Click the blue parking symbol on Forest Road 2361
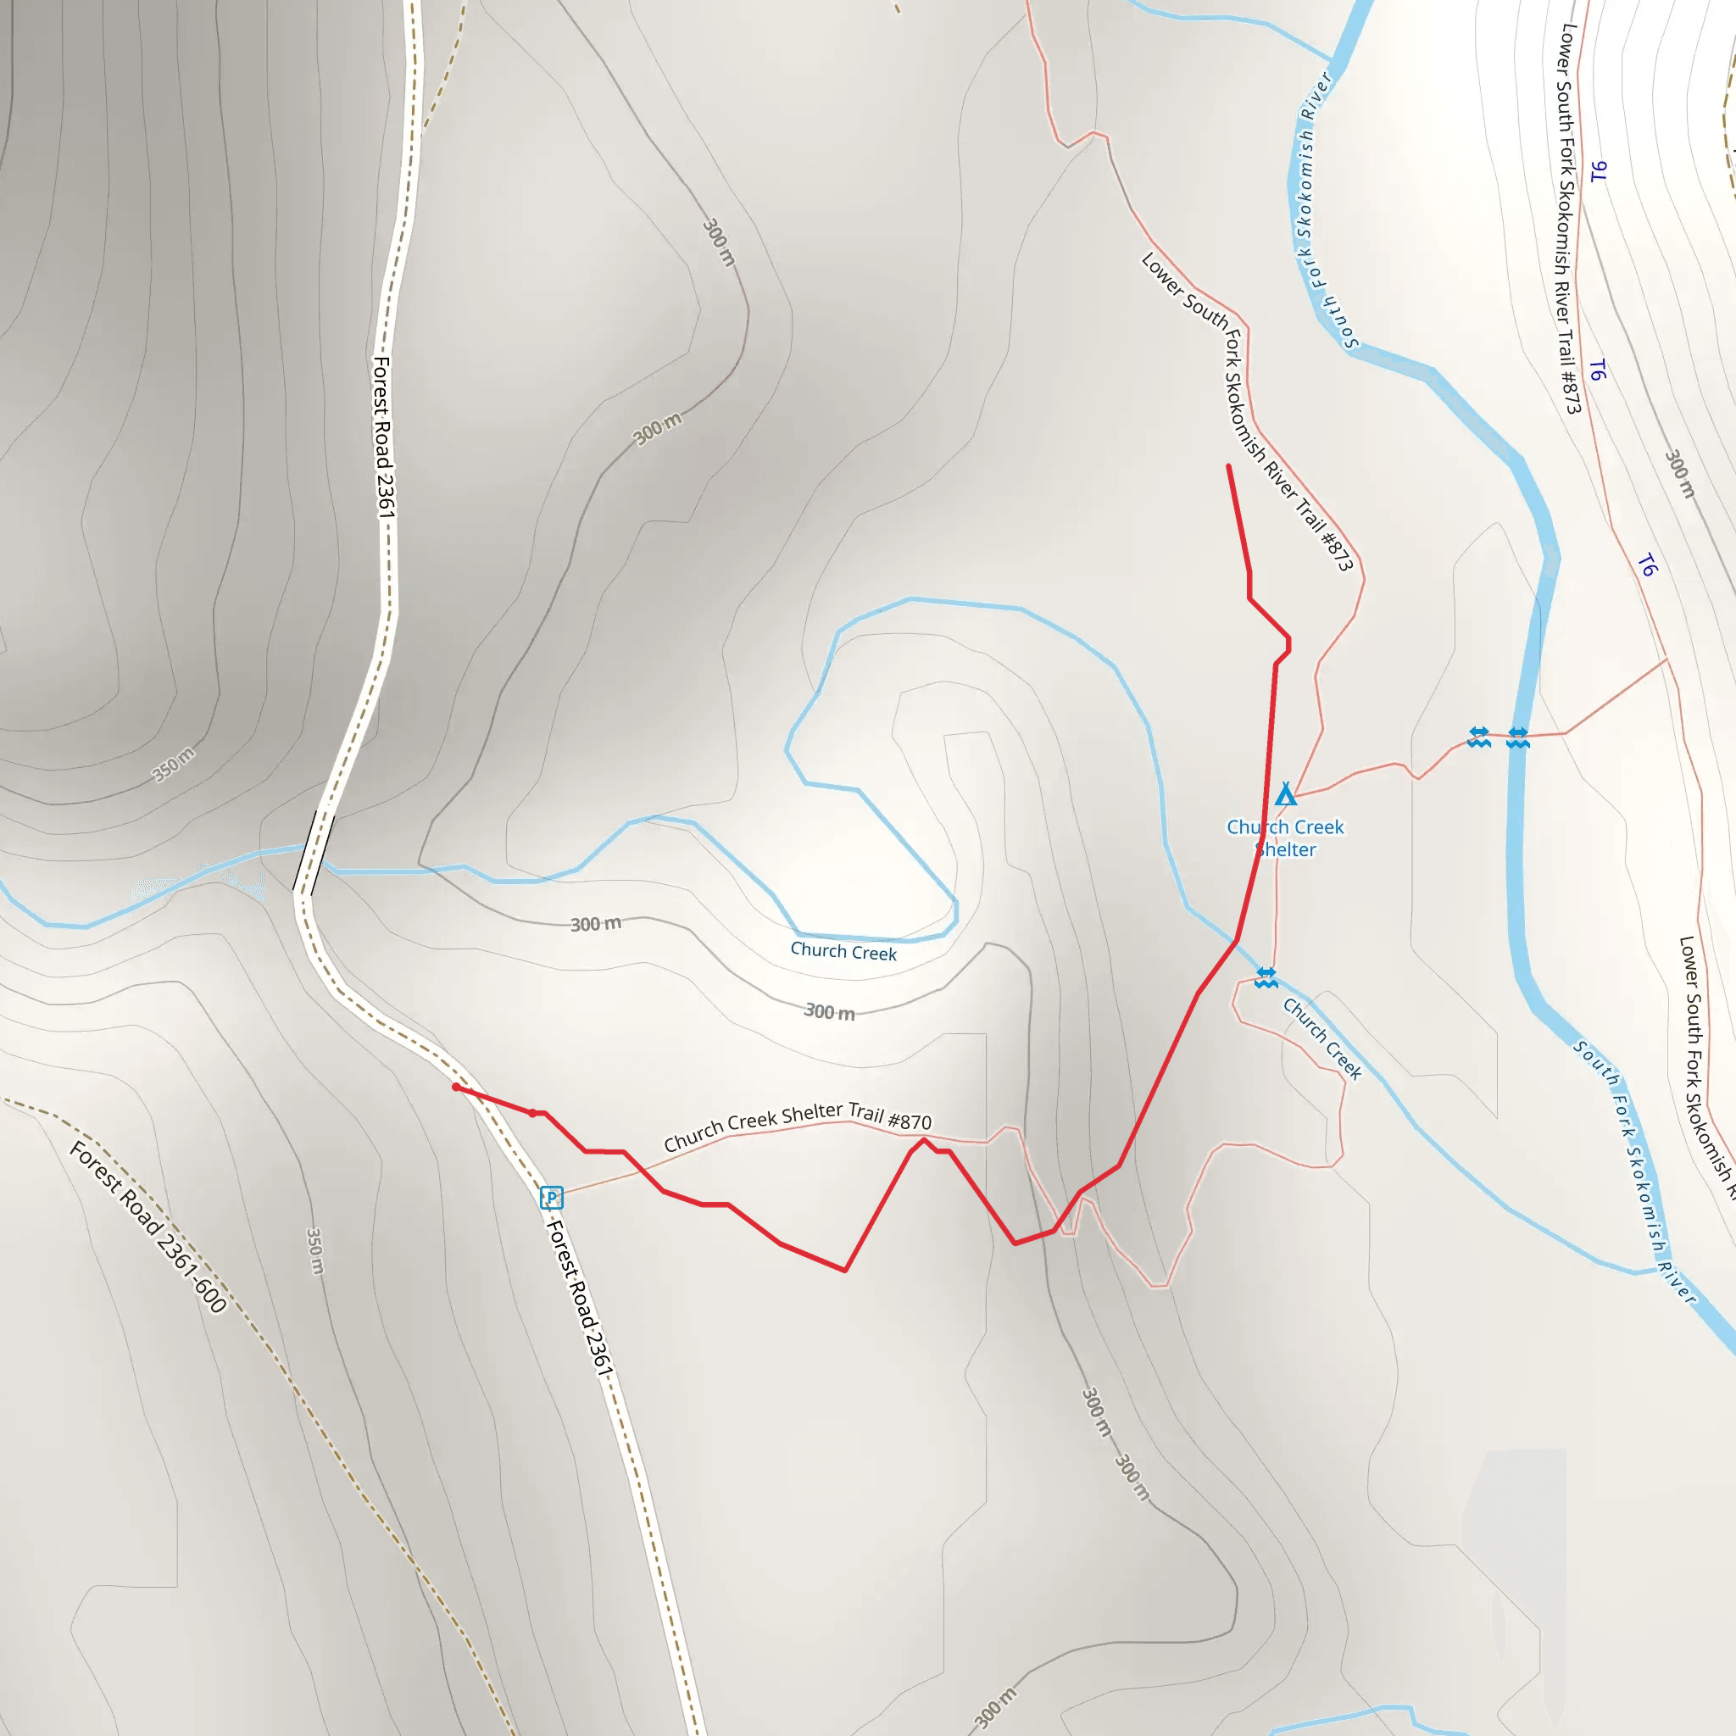[551, 1197]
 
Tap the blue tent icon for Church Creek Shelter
[1286, 794]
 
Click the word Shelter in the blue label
[1286, 850]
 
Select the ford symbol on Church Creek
[1266, 977]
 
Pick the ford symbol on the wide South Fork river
[1517, 737]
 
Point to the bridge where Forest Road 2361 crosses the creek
[314, 852]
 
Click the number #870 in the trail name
[910, 1121]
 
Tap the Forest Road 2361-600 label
[148, 1227]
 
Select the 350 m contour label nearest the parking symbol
[314, 1251]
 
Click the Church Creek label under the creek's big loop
[843, 952]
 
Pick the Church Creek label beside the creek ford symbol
[1321, 1038]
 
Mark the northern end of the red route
[1228, 465]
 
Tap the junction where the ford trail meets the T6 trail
[1667, 659]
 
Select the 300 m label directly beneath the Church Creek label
[828, 1012]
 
